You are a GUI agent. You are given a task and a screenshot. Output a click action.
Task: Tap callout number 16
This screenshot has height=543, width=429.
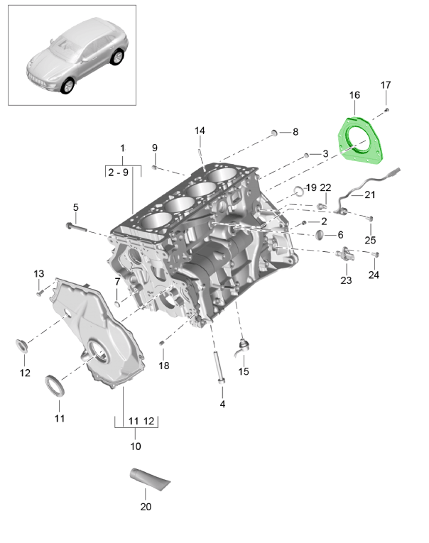354,95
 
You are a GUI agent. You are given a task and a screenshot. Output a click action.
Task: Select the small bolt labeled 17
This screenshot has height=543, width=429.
386,110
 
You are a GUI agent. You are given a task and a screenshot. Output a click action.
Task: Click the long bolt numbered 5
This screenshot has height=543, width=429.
74,227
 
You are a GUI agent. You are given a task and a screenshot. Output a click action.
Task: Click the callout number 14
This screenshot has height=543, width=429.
200,131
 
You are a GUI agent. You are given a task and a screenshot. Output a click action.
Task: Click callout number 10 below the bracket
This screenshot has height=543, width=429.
136,446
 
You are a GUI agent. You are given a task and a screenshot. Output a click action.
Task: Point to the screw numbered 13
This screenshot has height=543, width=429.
41,290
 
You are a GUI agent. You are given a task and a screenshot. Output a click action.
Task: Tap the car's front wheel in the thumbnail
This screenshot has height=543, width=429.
68,85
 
